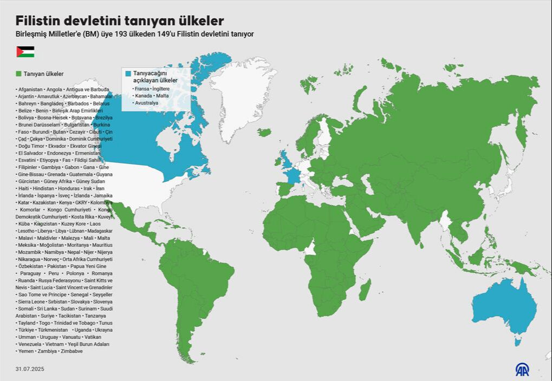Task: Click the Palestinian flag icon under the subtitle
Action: click(x=25, y=52)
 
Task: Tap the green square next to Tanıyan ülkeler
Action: click(x=18, y=73)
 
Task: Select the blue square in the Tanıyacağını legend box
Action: click(x=128, y=73)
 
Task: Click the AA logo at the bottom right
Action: click(x=522, y=369)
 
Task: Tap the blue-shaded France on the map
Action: click(x=293, y=175)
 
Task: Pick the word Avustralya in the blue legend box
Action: click(x=147, y=103)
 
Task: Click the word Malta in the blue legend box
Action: click(x=163, y=96)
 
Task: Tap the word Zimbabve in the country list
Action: click(x=72, y=351)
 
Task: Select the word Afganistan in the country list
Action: click(x=30, y=89)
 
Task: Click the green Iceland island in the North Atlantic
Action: click(x=264, y=132)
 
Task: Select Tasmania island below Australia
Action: click(x=518, y=342)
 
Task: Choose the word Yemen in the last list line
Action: click(x=26, y=351)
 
